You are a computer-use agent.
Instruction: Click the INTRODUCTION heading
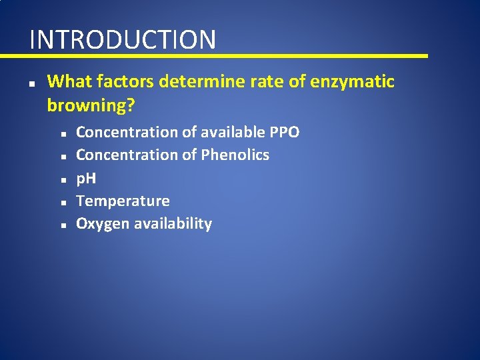point(123,39)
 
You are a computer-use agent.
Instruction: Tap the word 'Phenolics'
point(235,155)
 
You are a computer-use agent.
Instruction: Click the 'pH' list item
point(86,178)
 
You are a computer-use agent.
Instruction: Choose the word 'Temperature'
point(123,201)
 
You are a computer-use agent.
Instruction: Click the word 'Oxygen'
point(103,223)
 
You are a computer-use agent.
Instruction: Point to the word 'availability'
point(173,223)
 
